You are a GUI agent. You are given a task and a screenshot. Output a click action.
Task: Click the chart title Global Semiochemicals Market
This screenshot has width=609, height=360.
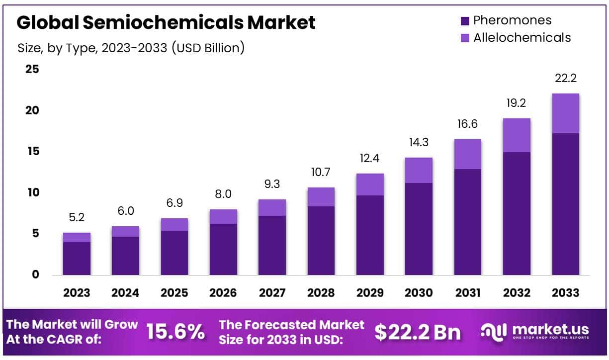tap(166, 23)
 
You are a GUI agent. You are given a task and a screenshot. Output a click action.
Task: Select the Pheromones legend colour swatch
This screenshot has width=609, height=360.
tap(465, 20)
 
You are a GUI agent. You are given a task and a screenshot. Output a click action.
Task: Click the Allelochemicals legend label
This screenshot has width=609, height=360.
tap(522, 37)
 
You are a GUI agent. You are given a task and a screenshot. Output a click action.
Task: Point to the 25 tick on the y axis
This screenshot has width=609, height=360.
tap(32, 69)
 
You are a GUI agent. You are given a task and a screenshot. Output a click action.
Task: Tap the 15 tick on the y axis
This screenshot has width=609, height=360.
tap(32, 151)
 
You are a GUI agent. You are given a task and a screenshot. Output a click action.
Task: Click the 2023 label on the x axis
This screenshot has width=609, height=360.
tap(77, 293)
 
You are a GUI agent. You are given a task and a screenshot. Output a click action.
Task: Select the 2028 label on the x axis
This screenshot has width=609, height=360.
tap(321, 293)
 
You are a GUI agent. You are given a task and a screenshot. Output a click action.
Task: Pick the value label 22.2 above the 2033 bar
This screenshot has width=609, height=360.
tap(566, 78)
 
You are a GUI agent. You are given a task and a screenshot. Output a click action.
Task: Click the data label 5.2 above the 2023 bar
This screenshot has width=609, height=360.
tap(77, 217)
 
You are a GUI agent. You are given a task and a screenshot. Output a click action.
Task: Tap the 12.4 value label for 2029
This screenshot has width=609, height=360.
tap(370, 159)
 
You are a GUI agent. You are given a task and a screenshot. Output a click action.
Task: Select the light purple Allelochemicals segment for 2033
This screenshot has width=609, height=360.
tap(566, 113)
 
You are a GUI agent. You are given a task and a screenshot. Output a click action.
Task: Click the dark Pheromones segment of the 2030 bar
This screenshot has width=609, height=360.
tap(419, 229)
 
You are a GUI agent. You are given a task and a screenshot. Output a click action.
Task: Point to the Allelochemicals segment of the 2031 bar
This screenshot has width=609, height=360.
tap(467, 154)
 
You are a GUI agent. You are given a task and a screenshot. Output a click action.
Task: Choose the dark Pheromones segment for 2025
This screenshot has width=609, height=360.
tap(174, 253)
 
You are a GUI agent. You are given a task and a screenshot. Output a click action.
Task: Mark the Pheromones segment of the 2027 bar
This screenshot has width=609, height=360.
tap(272, 245)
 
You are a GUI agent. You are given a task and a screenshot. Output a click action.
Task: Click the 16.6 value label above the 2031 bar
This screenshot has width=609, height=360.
tap(467, 124)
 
